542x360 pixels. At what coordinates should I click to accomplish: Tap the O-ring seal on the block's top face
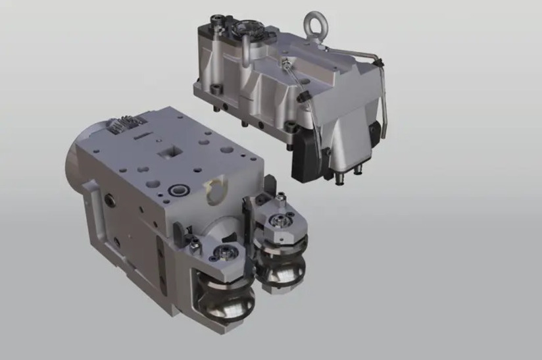(178, 191)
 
